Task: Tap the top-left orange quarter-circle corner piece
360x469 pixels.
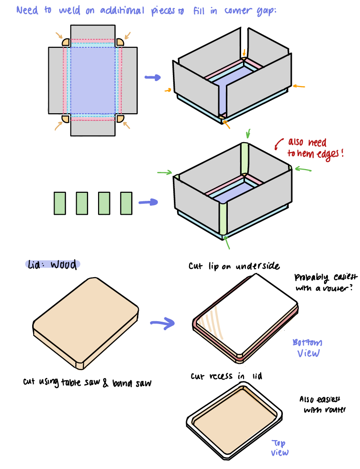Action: point(66,43)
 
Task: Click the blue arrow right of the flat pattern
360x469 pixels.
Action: point(153,77)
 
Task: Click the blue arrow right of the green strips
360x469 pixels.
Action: point(148,202)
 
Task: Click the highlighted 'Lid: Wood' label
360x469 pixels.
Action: point(53,264)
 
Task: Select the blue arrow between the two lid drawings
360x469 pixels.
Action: point(162,324)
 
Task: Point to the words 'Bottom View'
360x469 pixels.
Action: point(307,348)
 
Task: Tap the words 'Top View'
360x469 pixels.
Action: point(279,448)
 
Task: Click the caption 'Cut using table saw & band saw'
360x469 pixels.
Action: point(87,382)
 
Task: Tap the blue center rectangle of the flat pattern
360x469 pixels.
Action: point(93,79)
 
